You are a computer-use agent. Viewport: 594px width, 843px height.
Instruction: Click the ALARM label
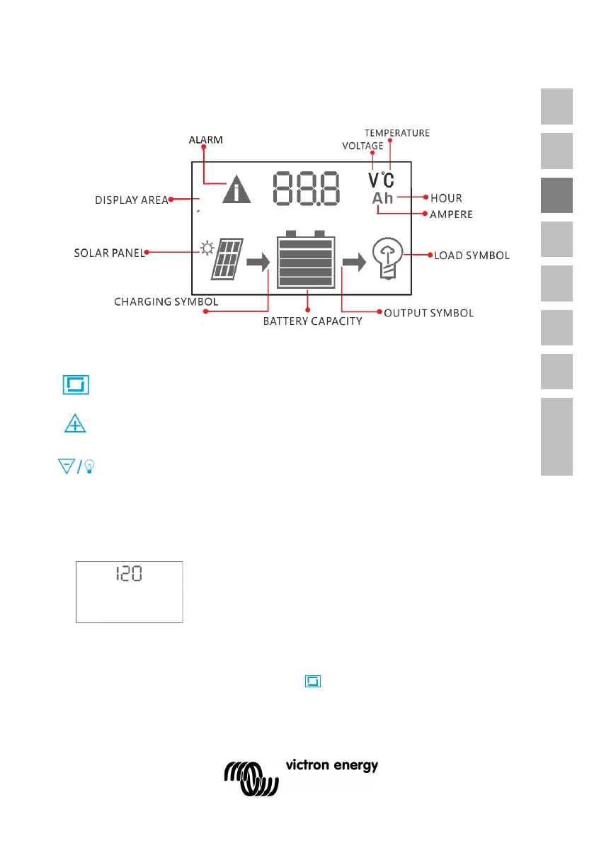pyautogui.click(x=205, y=140)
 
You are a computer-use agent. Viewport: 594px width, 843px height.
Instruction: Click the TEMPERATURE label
pyautogui.click(x=396, y=132)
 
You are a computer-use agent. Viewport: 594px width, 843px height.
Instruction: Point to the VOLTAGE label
pyautogui.click(x=362, y=146)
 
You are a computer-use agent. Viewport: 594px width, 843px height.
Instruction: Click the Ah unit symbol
pyautogui.click(x=383, y=198)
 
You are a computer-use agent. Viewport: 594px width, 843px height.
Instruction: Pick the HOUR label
pyautogui.click(x=446, y=198)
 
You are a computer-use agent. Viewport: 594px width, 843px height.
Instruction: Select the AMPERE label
pyautogui.click(x=452, y=214)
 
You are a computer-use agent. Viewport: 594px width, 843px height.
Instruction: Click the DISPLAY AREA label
pyautogui.click(x=132, y=200)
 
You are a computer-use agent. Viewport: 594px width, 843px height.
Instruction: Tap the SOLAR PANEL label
pyautogui.click(x=109, y=253)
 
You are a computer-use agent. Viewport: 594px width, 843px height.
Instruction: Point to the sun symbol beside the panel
pyautogui.click(x=206, y=248)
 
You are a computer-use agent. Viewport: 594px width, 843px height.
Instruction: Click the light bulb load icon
pyautogui.click(x=387, y=256)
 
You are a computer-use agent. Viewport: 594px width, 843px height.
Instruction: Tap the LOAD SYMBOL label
pyautogui.click(x=472, y=255)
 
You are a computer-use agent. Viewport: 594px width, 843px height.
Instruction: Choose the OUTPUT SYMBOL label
pyautogui.click(x=428, y=312)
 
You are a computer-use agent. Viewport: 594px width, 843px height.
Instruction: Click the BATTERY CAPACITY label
pyautogui.click(x=312, y=321)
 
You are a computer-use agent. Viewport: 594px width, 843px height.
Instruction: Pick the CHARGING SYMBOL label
pyautogui.click(x=166, y=302)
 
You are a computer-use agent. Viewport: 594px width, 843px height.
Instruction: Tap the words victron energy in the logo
pyautogui.click(x=331, y=766)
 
